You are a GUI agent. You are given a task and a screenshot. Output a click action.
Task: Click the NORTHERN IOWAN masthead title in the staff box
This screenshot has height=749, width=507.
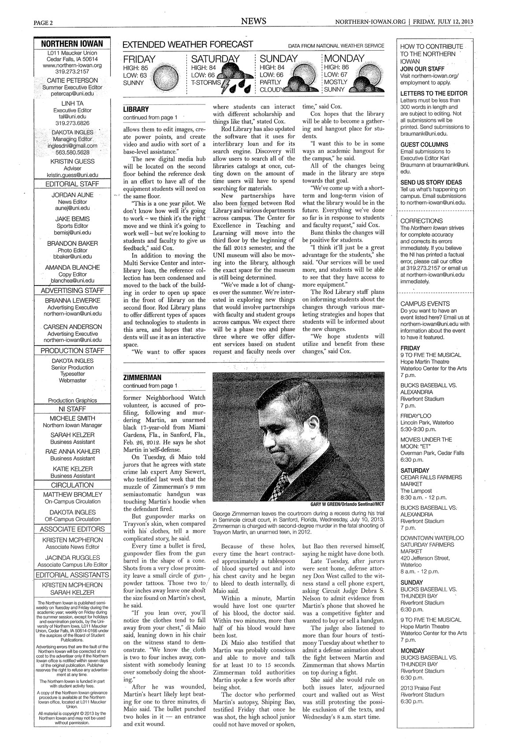pyautogui.click(x=72, y=44)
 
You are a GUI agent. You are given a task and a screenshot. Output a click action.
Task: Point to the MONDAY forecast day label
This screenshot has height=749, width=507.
pyautogui.click(x=344, y=59)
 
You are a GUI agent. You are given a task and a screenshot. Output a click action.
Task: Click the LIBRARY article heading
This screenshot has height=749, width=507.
pyautogui.click(x=136, y=109)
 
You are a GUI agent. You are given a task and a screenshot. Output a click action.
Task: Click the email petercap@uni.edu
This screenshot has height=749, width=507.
pyautogui.click(x=72, y=94)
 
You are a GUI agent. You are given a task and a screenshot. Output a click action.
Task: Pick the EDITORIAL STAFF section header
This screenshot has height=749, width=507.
pyautogui.click(x=72, y=184)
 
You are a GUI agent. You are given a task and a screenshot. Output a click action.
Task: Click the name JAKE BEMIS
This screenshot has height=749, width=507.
pyautogui.click(x=72, y=219)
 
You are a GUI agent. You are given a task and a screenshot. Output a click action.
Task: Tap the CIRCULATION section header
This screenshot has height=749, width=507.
pyautogui.click(x=72, y=485)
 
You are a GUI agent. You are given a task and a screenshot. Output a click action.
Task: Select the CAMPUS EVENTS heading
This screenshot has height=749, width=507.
pyautogui.click(x=425, y=304)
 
